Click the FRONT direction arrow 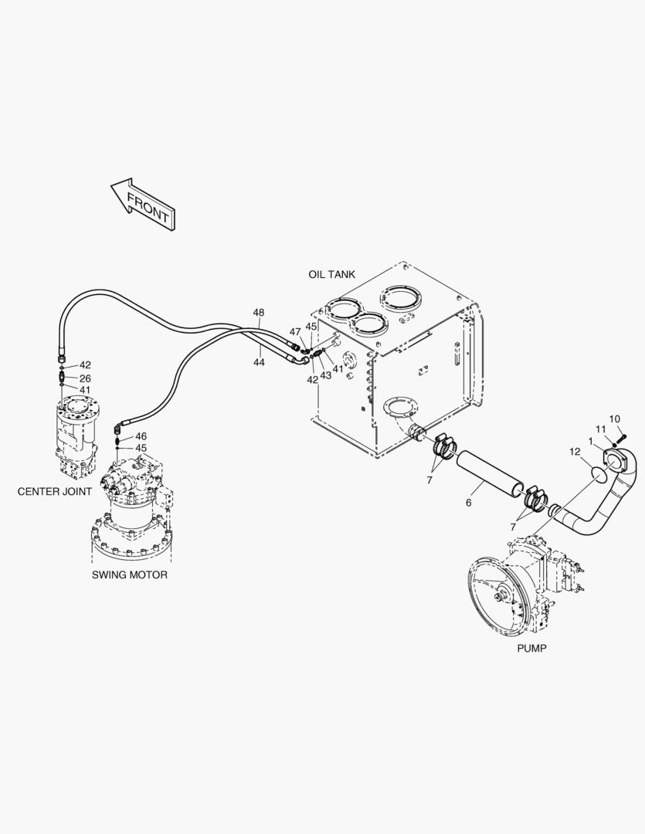click(143, 205)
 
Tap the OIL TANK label click(331, 274)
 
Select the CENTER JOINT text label click(54, 491)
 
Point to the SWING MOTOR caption click(130, 575)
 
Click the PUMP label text click(531, 649)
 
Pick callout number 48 click(258, 313)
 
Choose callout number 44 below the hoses click(258, 361)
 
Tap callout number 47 click(295, 331)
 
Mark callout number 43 click(326, 375)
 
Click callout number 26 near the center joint click(85, 378)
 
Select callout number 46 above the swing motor click(141, 436)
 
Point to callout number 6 click(468, 503)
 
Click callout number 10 click(615, 419)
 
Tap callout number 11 click(600, 429)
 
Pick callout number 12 click(575, 451)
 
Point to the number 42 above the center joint click(85, 365)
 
